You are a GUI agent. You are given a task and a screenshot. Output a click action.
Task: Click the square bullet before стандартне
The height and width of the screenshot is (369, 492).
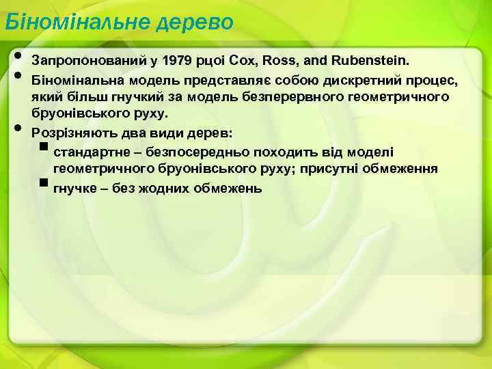(x=44, y=146)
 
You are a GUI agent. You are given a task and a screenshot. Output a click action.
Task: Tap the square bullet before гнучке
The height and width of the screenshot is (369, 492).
(x=44, y=182)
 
